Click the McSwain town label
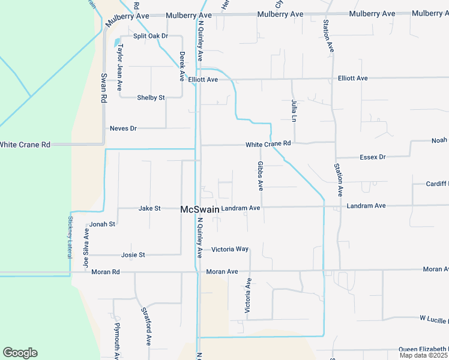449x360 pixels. [200, 209]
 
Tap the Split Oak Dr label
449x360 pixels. [150, 36]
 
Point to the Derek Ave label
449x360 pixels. [182, 66]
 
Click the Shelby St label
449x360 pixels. [151, 97]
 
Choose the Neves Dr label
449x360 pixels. [124, 128]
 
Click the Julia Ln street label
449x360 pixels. [294, 110]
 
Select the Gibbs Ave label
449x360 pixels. [261, 176]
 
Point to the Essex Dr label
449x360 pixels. [372, 157]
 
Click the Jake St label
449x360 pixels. [149, 208]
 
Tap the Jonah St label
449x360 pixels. [102, 224]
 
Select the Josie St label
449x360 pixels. [133, 255]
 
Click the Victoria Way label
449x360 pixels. [230, 249]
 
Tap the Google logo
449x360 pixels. [20, 353]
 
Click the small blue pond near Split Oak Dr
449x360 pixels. [117, 43]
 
